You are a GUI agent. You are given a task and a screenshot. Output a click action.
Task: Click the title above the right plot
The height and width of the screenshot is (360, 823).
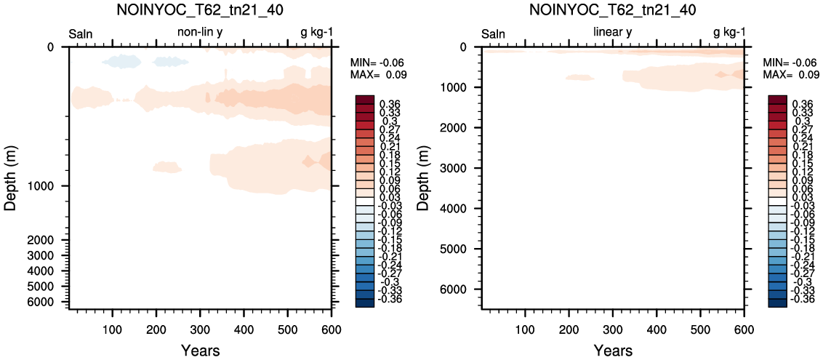click(x=614, y=9)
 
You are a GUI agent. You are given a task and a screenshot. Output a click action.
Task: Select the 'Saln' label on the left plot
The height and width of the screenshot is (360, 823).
click(x=81, y=35)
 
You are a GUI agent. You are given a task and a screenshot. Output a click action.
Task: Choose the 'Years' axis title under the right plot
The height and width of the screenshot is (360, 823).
click(x=613, y=350)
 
